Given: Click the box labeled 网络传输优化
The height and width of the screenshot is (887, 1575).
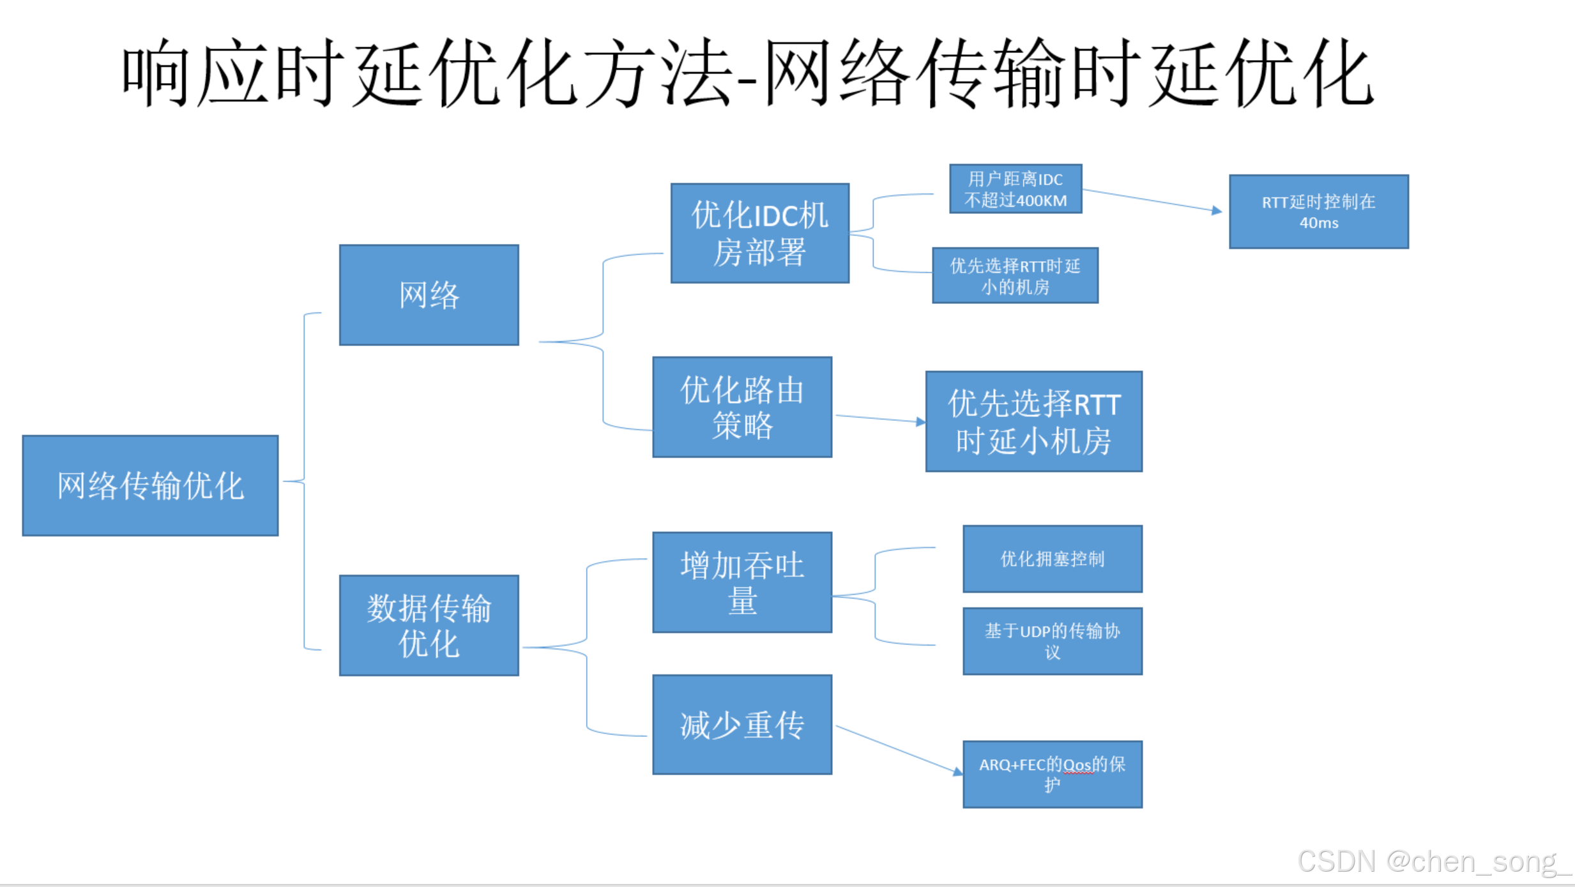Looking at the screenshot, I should (x=150, y=485).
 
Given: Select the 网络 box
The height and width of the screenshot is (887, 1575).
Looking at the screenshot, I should (x=429, y=295).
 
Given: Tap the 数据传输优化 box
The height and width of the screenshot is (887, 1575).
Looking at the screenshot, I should (x=429, y=625).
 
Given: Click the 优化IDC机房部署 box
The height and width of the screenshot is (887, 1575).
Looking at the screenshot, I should (x=759, y=233).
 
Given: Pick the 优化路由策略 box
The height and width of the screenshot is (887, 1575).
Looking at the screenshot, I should (x=742, y=407).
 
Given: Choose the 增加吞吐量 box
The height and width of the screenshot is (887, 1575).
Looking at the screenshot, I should (x=742, y=582).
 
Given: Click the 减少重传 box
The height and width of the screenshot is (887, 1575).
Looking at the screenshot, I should (x=742, y=725).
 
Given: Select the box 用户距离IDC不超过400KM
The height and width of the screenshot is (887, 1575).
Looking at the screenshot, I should (x=1015, y=189).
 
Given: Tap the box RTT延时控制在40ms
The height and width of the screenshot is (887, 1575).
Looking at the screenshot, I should (x=1318, y=211).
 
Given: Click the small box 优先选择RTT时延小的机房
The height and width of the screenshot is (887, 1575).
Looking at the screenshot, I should (x=1015, y=275).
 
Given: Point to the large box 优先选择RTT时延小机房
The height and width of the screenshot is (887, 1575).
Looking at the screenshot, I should (x=1033, y=421).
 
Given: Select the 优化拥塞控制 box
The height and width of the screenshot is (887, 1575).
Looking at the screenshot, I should (x=1052, y=559).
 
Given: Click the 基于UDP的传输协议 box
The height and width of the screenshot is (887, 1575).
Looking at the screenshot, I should (x=1052, y=641).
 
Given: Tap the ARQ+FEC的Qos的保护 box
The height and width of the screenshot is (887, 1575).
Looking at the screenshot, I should (x=1052, y=774).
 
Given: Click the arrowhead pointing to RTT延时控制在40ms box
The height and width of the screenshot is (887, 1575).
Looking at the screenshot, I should (x=1217, y=210).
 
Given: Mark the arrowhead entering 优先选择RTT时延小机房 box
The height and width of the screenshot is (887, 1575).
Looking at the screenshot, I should (x=921, y=421).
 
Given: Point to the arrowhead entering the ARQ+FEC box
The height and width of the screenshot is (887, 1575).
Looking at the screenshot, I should (x=958, y=772).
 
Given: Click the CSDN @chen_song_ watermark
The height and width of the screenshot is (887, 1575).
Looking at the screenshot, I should (x=1434, y=861).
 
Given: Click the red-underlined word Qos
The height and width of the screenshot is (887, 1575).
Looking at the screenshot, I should (x=1077, y=765).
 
